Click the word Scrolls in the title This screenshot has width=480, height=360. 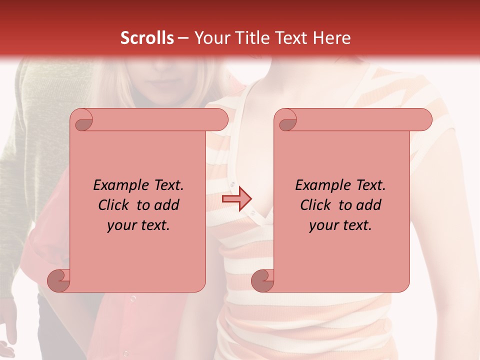(x=147, y=38)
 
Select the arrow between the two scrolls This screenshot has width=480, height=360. (x=236, y=198)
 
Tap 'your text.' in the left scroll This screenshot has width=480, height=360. (x=138, y=225)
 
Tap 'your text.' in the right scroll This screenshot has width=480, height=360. (x=340, y=225)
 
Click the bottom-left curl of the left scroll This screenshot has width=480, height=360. (x=59, y=280)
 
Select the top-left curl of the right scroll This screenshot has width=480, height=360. (x=287, y=120)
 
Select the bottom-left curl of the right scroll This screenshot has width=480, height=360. (x=263, y=280)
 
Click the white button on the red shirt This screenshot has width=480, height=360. (x=133, y=298)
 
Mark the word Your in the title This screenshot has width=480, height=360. (x=209, y=38)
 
